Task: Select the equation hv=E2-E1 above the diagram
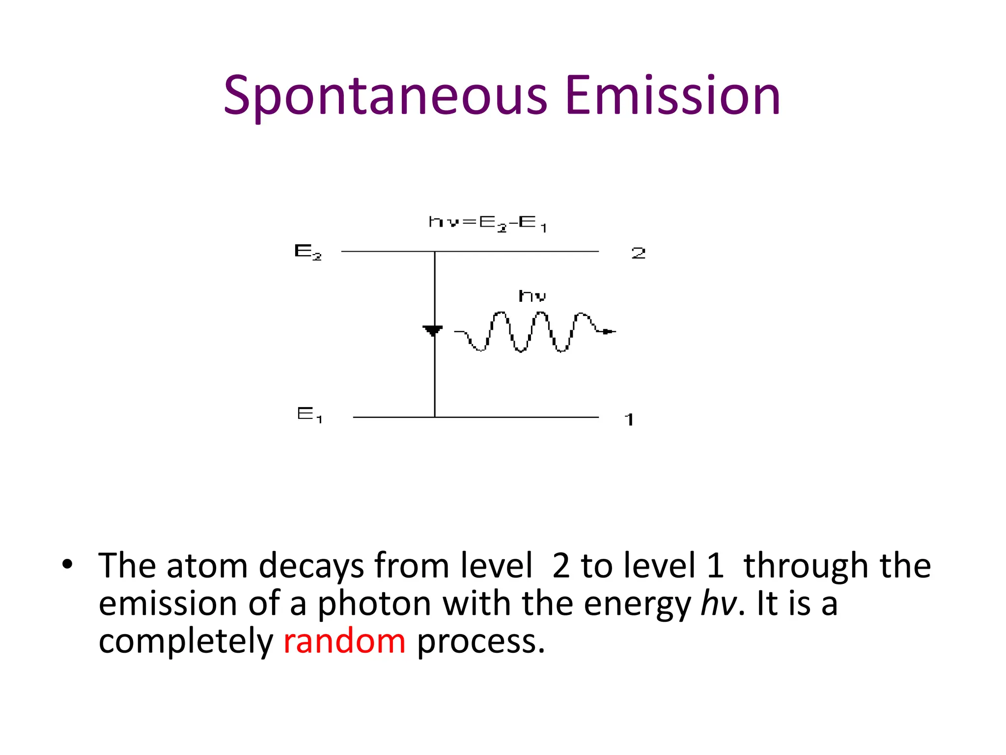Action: [x=487, y=223]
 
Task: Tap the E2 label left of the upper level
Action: [x=308, y=252]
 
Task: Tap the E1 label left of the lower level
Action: [x=309, y=415]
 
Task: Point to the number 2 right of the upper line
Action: [x=638, y=253]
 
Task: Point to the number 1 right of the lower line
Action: [x=629, y=419]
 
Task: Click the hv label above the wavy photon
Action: [x=532, y=296]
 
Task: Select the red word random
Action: [x=344, y=641]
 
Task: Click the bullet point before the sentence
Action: [x=67, y=564]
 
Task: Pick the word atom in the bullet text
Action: [x=207, y=566]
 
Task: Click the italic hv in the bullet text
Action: [x=719, y=604]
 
